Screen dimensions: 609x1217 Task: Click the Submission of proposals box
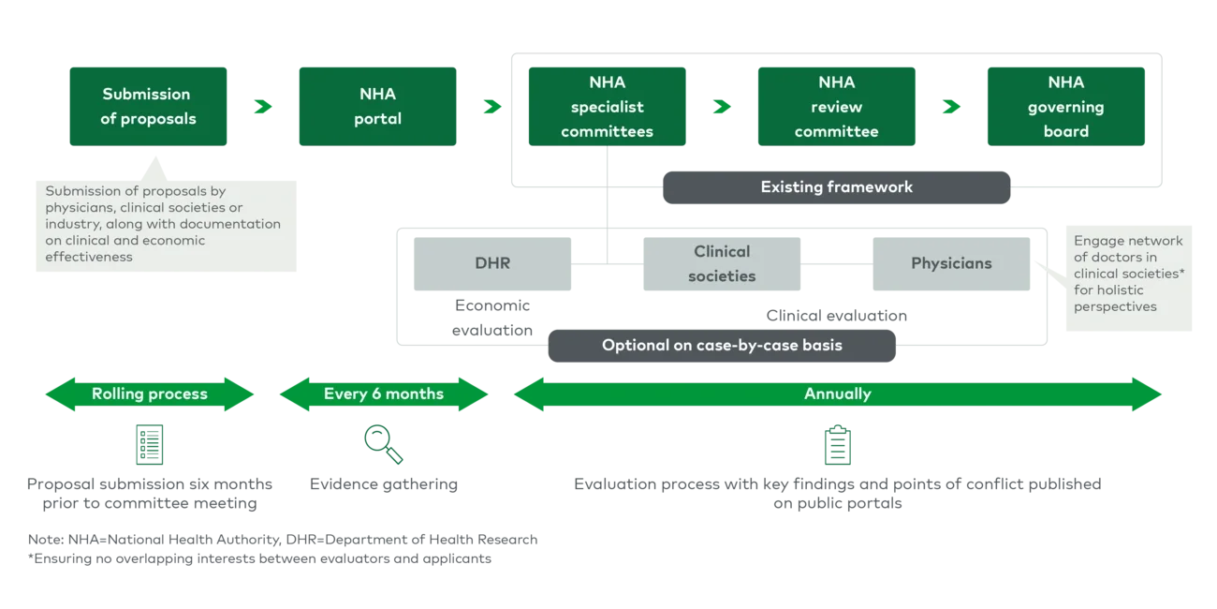[x=149, y=106]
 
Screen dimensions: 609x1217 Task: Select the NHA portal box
[x=376, y=106]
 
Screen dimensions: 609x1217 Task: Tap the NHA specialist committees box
[x=607, y=106]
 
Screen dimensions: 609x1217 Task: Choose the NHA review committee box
[x=836, y=106]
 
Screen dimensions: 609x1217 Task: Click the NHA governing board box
[x=1065, y=106]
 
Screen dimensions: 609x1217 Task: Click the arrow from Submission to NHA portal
[x=262, y=107]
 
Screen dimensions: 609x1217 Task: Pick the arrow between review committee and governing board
[x=951, y=107]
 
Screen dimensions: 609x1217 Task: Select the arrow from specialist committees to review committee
[x=722, y=107]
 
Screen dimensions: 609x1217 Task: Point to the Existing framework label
[x=835, y=186]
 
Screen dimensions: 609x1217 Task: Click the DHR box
[x=492, y=263]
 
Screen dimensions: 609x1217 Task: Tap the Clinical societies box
[x=721, y=263]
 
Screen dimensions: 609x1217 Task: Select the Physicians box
[x=951, y=263]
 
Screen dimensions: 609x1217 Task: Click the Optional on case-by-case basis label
[x=721, y=345]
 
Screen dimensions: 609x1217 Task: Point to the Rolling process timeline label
[x=149, y=394]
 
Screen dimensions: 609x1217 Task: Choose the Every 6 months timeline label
[x=383, y=394]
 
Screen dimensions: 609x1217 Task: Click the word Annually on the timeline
[x=837, y=394]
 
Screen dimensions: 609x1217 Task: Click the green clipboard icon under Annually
[x=835, y=446]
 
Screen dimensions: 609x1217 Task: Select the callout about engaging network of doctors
[x=1128, y=274]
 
